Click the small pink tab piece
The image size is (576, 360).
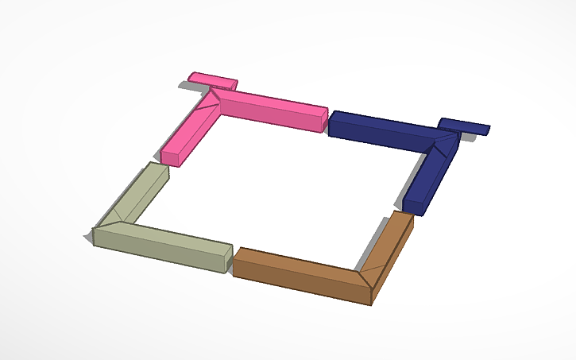[211, 79]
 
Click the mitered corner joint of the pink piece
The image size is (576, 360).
[210, 101]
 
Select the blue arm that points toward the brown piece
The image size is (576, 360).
[430, 173]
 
